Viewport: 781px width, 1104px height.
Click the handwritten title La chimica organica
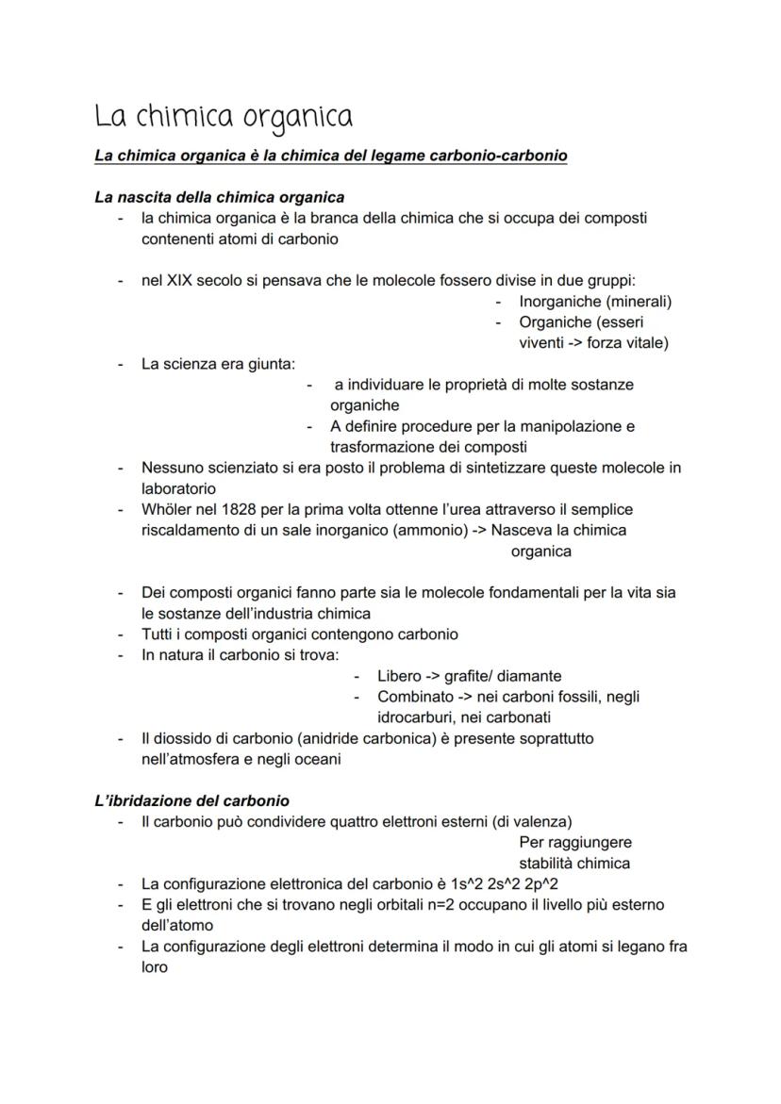224,117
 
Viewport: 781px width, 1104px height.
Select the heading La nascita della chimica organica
219,197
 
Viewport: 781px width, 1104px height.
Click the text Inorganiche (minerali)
595,302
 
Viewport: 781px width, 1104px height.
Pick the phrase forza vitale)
627,343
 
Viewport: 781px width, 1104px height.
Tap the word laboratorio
178,488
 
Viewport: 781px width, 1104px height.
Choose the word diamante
530,676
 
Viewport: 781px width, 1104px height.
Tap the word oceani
317,759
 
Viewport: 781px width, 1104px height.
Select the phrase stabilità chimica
574,863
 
